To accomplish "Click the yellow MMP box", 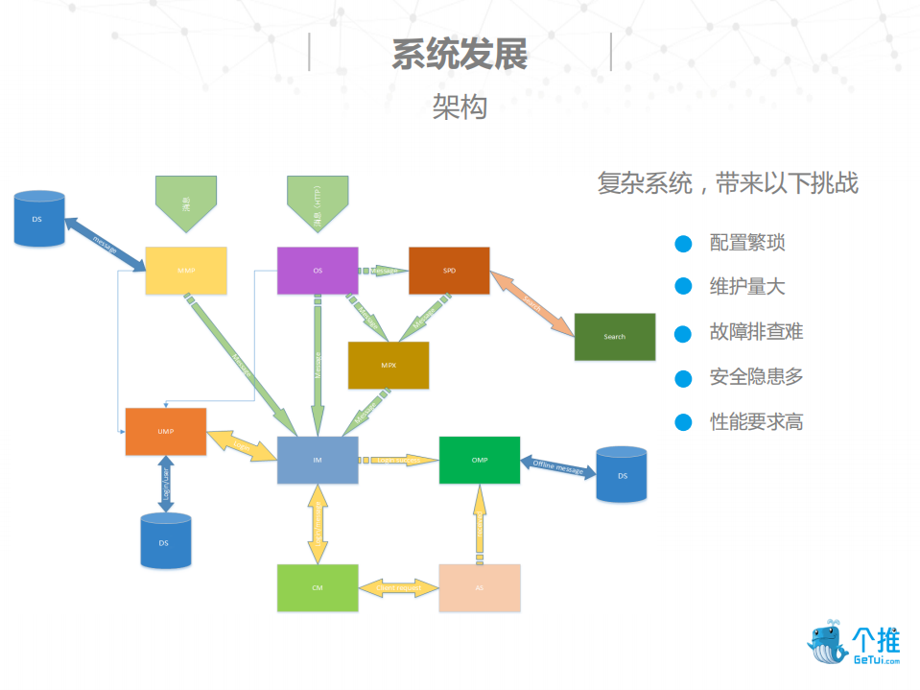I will click(185, 271).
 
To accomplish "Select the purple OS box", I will click(318, 271).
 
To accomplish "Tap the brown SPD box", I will click(449, 271).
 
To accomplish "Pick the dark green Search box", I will click(615, 337).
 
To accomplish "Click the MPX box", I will click(389, 365).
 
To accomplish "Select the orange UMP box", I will click(165, 432).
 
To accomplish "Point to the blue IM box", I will click(318, 461).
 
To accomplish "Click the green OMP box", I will click(480, 460).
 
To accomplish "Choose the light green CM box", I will click(318, 587).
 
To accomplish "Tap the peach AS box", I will click(480, 587).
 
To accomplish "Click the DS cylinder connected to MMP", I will click(40, 220).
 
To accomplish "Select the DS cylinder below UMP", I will click(165, 540).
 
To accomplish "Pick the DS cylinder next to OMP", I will click(622, 474).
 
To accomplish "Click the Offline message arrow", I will click(557, 467).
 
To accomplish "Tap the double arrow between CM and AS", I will click(398, 587).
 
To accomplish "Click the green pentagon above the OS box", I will click(318, 202).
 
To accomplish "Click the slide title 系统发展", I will click(460, 55).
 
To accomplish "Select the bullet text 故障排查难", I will click(756, 332).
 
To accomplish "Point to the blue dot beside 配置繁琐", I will click(683, 244).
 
